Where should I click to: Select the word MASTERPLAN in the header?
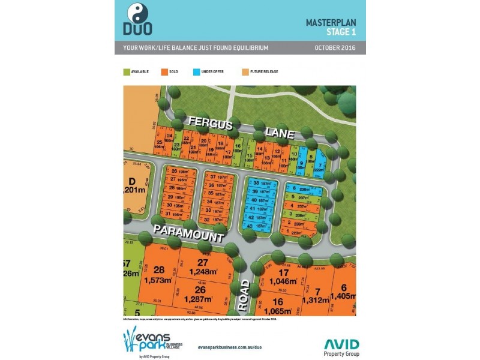(x=331, y=22)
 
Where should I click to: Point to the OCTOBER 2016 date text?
(x=335, y=47)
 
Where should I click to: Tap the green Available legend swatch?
(x=127, y=71)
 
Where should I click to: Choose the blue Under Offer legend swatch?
(x=196, y=71)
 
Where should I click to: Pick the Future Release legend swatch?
(x=245, y=71)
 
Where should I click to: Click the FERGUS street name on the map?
(x=210, y=122)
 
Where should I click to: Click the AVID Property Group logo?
(x=341, y=347)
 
